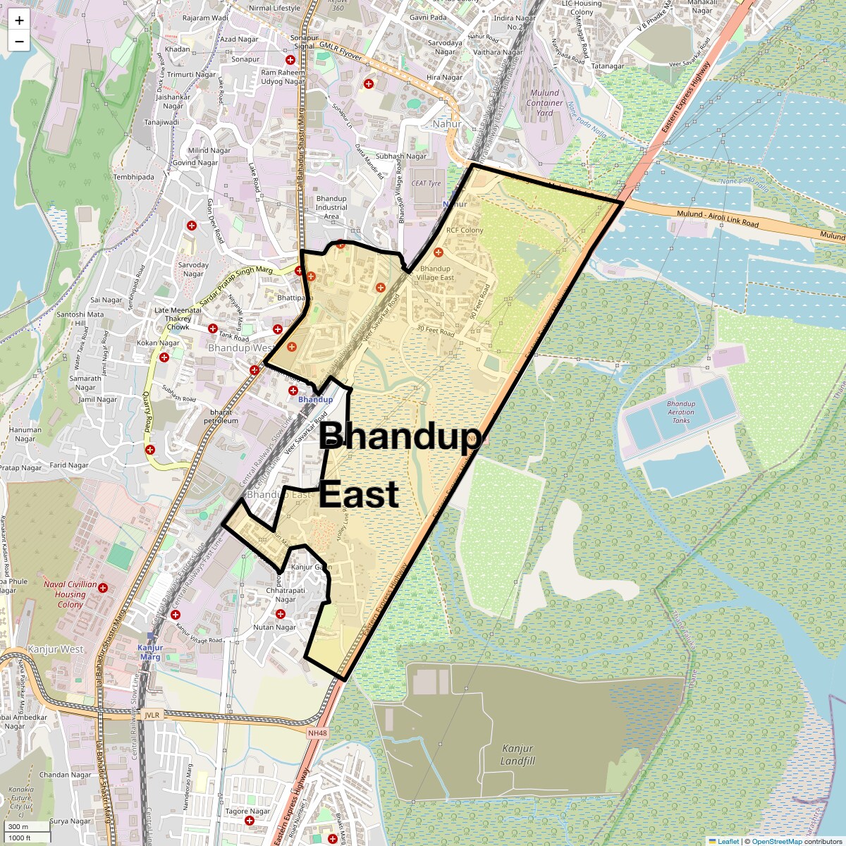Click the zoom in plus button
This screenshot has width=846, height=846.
point(19,20)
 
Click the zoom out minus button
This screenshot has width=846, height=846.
point(19,41)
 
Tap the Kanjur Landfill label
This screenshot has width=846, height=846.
point(518,755)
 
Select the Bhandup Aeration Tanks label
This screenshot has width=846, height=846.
point(680,412)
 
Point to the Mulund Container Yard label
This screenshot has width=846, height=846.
point(544,102)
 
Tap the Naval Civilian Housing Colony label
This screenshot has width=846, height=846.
point(70,594)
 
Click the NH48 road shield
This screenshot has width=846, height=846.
point(318,733)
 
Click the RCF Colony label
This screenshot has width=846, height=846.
point(465,231)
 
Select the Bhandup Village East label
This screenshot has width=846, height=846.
point(435,273)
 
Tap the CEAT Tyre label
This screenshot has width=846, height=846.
point(426,183)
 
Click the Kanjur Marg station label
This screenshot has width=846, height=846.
point(150,652)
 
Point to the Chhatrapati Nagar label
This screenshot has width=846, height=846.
point(286,595)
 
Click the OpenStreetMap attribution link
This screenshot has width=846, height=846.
point(776,841)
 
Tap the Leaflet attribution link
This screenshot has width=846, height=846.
point(728,841)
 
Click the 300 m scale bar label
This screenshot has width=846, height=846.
point(18,826)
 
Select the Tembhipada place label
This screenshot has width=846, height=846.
point(133,177)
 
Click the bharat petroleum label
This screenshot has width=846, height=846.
point(221,416)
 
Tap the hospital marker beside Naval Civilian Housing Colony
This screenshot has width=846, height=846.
point(104,587)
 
